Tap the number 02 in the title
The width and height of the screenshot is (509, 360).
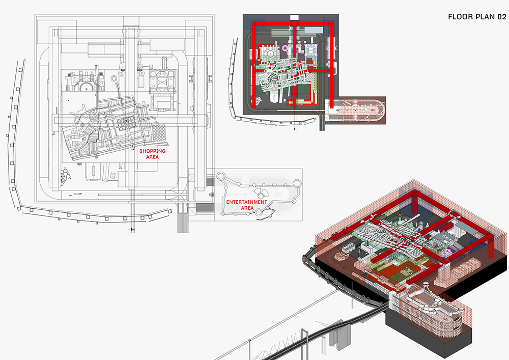click(x=501, y=17)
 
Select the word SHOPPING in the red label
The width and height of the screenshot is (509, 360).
click(x=153, y=151)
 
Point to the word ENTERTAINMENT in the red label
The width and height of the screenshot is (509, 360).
click(x=247, y=202)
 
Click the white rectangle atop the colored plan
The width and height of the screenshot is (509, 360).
click(x=294, y=17)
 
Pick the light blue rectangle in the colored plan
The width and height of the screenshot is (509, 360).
click(x=314, y=30)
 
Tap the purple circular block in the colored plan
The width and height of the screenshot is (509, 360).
click(x=285, y=48)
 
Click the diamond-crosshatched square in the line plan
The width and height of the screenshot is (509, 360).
click(x=159, y=132)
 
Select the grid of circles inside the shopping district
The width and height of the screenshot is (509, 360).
click(x=126, y=123)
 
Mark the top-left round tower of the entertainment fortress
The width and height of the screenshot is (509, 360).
click(x=221, y=176)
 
